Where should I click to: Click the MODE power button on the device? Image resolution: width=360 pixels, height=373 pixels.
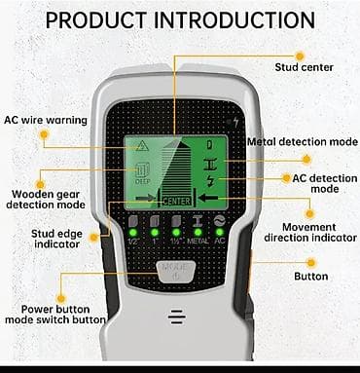click(176, 271)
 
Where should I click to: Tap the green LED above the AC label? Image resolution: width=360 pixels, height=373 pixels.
click(219, 233)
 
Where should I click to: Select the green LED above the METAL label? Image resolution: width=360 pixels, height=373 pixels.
click(198, 233)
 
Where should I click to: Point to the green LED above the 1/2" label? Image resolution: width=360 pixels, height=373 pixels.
click(133, 233)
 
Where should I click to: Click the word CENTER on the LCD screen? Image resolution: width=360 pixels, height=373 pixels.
click(177, 202)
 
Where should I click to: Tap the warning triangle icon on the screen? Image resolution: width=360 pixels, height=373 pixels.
click(142, 147)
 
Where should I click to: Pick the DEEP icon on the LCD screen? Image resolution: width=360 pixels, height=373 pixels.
click(142, 173)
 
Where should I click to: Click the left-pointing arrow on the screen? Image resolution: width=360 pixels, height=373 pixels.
click(208, 197)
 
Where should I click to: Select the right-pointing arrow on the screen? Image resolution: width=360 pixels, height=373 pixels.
click(146, 198)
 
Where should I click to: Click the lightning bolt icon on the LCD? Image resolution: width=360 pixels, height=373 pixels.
click(211, 181)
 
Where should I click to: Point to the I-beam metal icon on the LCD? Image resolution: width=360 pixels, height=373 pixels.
click(211, 164)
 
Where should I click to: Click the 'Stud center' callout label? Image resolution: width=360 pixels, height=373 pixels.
click(304, 67)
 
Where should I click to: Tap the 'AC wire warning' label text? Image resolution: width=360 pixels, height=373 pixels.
click(46, 120)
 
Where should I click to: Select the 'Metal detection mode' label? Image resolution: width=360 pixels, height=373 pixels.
click(303, 142)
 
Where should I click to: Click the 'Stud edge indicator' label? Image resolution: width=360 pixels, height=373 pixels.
click(57, 239)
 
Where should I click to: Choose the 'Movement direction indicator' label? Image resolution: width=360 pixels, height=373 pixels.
click(310, 232)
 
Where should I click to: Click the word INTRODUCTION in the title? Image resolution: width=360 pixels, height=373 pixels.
click(234, 20)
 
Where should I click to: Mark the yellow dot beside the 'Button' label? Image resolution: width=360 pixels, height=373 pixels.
click(311, 263)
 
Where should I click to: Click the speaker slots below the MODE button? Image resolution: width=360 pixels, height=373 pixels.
click(177, 317)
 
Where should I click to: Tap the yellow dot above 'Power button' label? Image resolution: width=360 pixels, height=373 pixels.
click(61, 298)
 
